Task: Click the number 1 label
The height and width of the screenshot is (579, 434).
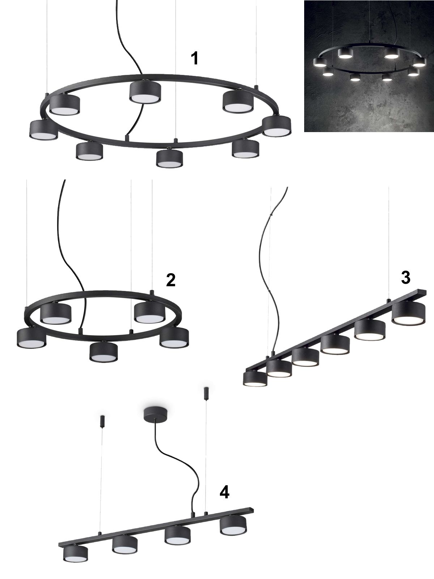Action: coord(195,58)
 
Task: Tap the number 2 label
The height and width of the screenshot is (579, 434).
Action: coord(171,280)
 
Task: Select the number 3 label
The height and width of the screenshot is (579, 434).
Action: coord(405,278)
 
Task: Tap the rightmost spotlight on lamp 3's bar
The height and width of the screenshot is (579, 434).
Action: coord(408,313)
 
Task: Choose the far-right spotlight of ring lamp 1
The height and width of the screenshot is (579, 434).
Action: coord(277,126)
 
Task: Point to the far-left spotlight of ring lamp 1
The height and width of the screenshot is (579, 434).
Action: coord(43,130)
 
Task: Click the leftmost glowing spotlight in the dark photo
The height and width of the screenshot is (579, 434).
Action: coord(320,63)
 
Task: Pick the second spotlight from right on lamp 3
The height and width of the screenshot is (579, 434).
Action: coord(370,329)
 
